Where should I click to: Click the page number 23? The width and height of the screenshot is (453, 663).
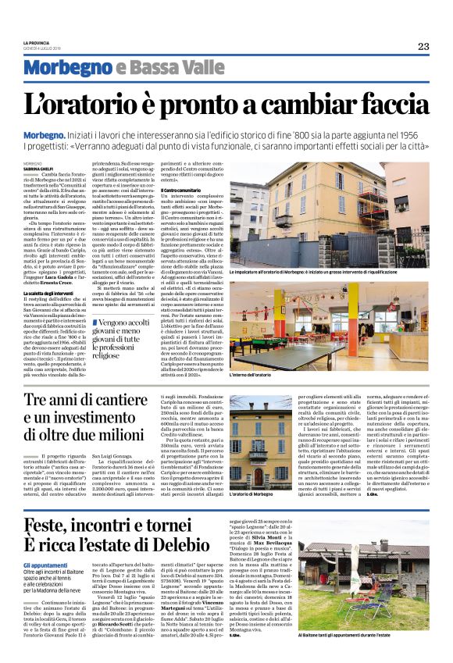point(423,46)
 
